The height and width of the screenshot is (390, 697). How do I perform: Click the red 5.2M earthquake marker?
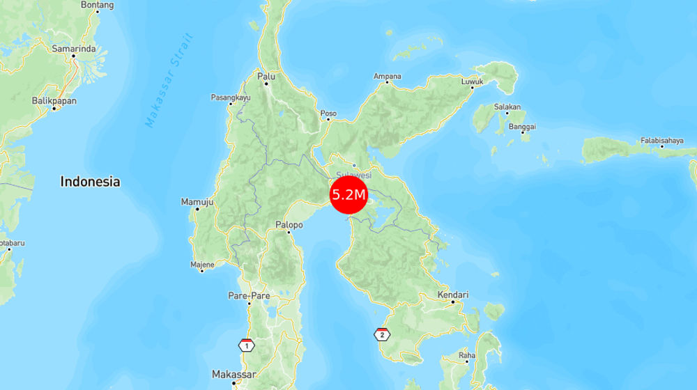click(x=348, y=195)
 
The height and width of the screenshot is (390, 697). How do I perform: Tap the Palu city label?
click(x=266, y=76)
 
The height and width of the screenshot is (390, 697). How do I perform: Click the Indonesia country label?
click(x=90, y=182)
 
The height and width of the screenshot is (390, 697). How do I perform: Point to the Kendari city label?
click(x=452, y=295)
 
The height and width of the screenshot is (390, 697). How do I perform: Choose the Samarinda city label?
click(x=73, y=49)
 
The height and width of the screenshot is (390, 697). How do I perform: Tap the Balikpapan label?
click(x=54, y=101)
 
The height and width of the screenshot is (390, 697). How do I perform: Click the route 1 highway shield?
click(x=246, y=345)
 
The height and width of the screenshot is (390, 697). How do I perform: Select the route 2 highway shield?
click(x=381, y=334)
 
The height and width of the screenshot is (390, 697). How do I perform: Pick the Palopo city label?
click(x=289, y=225)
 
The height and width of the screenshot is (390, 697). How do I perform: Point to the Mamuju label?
click(x=197, y=201)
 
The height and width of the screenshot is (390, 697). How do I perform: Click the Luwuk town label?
click(x=472, y=82)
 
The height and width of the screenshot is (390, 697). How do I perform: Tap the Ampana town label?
click(x=387, y=76)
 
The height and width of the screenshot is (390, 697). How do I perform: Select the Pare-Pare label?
click(x=249, y=296)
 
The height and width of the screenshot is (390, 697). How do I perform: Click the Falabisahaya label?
click(x=661, y=140)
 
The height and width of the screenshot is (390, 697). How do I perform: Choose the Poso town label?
click(x=328, y=114)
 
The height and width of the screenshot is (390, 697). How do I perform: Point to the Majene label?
click(x=202, y=265)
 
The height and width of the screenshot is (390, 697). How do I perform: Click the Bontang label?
click(x=97, y=4)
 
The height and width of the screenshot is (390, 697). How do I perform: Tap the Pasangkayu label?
click(x=231, y=97)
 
